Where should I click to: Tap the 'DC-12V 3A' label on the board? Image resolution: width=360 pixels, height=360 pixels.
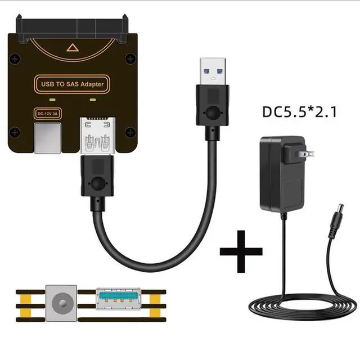pos(48,113)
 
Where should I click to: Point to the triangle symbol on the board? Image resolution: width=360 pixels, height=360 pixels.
pos(72,48)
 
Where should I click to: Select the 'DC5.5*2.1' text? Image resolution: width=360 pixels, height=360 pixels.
pos(299,111)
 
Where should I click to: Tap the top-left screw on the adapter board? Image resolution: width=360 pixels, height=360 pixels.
pos(15,57)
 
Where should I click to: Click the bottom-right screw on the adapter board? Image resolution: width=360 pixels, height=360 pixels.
pos(130,132)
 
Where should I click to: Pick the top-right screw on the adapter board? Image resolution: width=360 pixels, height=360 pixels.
pos(130,57)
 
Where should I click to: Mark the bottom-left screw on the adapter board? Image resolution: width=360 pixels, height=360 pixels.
pos(15,132)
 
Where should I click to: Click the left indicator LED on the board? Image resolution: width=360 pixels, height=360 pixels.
pos(52,100)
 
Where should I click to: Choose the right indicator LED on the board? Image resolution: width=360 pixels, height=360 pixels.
pos(93,100)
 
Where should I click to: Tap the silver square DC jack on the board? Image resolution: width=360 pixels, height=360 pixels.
pos(47,138)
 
